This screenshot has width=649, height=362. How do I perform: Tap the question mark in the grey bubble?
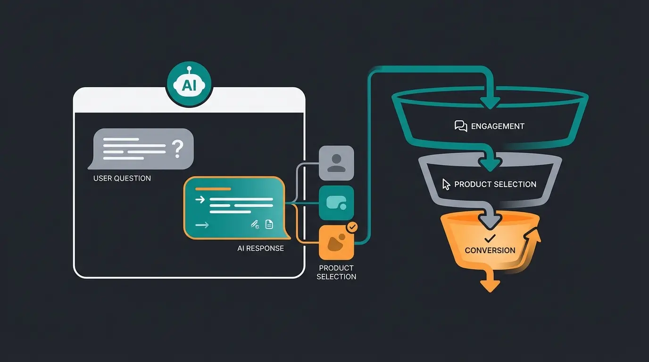[177, 148]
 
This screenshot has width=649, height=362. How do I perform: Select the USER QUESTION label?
[122, 178]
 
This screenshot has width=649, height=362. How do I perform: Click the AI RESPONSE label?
[260, 248]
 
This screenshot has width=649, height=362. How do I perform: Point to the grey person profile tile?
[336, 163]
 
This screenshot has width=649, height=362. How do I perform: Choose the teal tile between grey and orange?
[336, 203]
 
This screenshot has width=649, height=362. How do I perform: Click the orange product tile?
[336, 242]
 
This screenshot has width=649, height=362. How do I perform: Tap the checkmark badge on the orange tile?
[352, 227]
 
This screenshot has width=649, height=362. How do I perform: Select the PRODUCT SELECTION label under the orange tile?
[336, 272]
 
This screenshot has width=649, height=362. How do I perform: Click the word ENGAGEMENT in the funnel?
[498, 126]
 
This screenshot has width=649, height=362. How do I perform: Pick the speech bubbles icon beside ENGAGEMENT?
[460, 126]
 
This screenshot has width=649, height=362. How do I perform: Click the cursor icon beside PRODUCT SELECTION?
[446, 184]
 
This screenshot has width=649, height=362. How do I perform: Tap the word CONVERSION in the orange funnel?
[490, 250]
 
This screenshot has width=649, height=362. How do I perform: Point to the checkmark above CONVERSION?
[490, 239]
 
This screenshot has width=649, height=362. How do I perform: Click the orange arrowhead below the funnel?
[490, 285]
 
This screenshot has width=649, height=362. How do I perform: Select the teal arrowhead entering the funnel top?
[490, 101]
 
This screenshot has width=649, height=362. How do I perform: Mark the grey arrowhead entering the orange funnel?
[490, 221]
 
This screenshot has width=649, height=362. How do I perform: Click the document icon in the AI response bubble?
[269, 224]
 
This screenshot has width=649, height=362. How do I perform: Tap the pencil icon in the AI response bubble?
[255, 224]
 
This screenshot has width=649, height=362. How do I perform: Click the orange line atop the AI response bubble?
[213, 189]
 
